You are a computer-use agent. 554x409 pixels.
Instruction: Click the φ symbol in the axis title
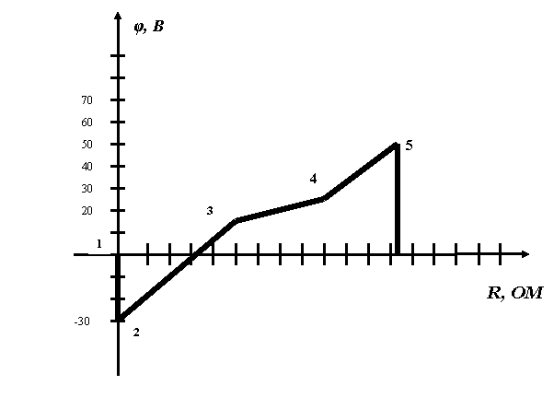click(139, 27)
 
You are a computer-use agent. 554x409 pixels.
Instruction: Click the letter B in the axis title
click(158, 26)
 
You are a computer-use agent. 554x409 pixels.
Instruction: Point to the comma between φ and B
click(146, 30)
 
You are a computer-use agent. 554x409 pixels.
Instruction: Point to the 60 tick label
click(87, 123)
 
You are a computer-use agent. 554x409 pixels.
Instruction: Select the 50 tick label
click(87, 145)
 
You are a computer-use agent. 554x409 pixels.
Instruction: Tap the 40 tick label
click(87, 167)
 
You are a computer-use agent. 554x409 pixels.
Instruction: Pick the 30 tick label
click(87, 189)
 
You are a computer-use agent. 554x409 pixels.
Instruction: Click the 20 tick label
click(87, 211)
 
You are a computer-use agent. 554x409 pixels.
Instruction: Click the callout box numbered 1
click(99, 243)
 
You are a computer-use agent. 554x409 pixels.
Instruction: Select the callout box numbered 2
click(139, 332)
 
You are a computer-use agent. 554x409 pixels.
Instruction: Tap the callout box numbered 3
click(213, 210)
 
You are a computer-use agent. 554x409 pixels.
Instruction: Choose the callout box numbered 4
click(313, 178)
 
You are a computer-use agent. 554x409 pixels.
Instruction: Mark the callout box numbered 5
click(409, 145)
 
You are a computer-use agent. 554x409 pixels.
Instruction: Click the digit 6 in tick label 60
click(85, 123)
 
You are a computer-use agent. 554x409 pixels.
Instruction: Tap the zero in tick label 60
click(90, 123)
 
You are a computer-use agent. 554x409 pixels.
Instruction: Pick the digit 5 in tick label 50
click(85, 145)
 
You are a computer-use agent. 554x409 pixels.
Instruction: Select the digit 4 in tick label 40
click(85, 167)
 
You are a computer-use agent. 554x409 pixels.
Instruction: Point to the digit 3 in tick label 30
click(85, 189)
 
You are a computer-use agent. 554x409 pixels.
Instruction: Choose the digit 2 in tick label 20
click(85, 211)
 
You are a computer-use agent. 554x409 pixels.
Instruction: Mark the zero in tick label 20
click(90, 211)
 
